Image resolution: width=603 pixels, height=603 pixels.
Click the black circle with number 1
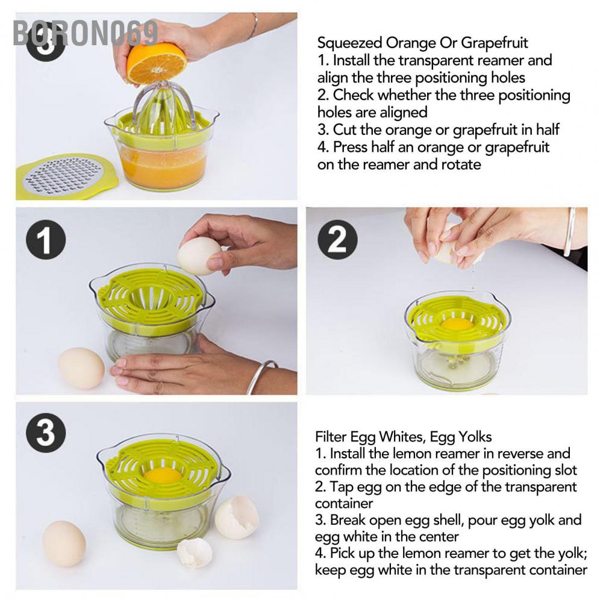tap(46, 240)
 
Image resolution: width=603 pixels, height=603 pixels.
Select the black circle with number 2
tap(337, 240)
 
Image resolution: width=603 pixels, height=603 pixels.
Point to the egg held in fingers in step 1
tap(199, 256)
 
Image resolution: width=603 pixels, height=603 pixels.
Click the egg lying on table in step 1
tap(81, 368)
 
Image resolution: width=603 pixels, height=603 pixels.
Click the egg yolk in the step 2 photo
tap(457, 324)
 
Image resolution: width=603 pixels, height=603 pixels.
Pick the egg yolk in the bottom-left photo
tap(163, 475)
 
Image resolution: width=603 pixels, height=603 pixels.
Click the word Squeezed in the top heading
tap(349, 43)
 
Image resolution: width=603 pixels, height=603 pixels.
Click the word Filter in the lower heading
tap(331, 437)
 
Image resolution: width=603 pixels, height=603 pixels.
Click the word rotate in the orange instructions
tap(461, 164)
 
